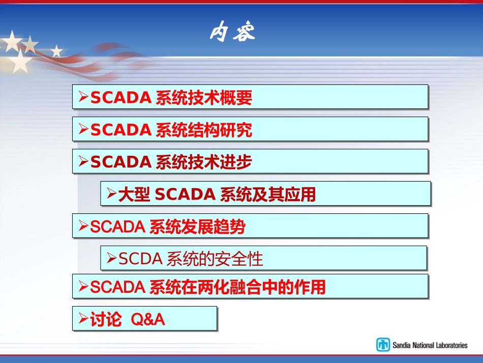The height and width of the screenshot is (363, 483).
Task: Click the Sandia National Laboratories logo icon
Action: click(x=383, y=345)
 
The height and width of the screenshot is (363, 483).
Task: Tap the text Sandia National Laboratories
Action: click(x=430, y=345)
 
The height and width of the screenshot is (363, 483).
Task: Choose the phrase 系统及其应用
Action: click(x=268, y=194)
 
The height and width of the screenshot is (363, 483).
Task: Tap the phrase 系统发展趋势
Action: click(x=197, y=227)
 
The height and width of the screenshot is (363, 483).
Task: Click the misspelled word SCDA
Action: click(x=140, y=259)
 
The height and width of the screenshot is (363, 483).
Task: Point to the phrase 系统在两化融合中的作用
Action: click(x=237, y=288)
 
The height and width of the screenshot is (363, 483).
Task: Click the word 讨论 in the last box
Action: click(x=106, y=320)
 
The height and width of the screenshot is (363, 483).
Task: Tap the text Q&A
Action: click(x=148, y=320)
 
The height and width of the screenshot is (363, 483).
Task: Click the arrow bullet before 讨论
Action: click(x=83, y=319)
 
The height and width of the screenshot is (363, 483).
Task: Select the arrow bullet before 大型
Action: click(x=111, y=194)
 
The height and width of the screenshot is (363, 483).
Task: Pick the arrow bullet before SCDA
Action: click(x=111, y=259)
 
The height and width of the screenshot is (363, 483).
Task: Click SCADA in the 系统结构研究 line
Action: click(x=120, y=130)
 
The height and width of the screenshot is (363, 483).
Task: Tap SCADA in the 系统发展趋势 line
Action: click(x=117, y=227)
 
